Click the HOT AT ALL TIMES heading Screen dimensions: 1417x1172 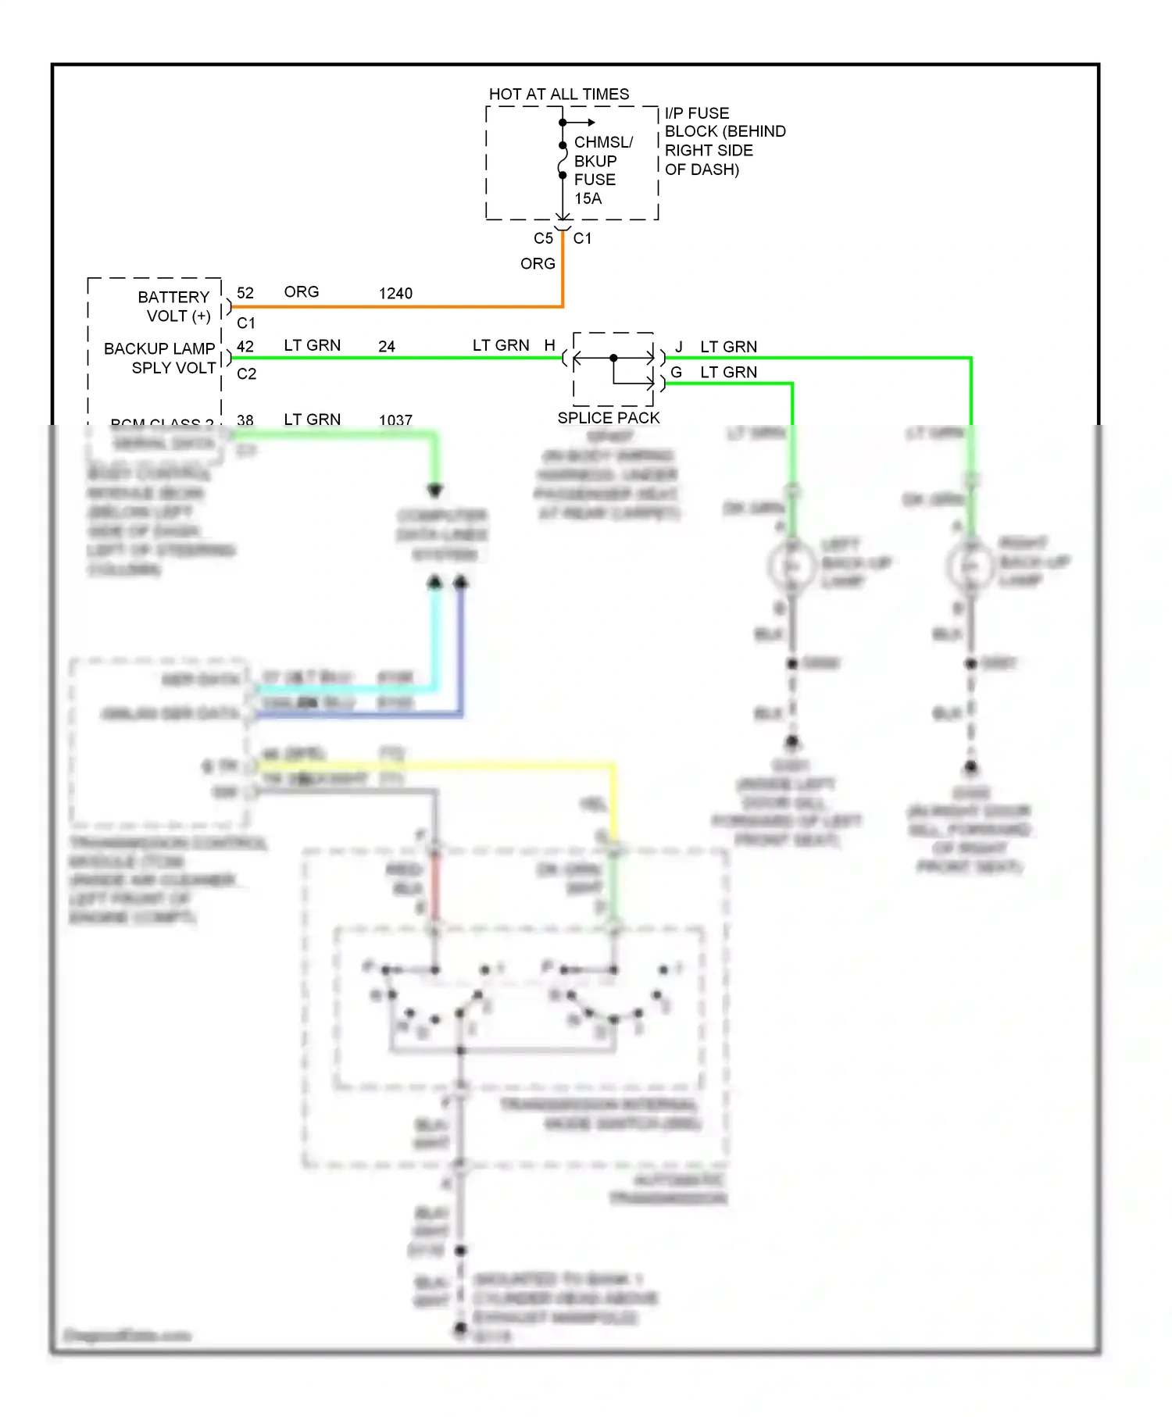click(x=559, y=95)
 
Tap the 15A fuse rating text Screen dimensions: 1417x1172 click(x=588, y=198)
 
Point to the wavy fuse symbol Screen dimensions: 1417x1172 click(x=562, y=161)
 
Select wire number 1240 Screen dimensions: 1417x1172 click(x=395, y=294)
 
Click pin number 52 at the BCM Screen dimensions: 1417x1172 click(x=245, y=293)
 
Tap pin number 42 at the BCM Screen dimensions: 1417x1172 click(x=245, y=346)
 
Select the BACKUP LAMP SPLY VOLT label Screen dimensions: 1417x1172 click(x=160, y=358)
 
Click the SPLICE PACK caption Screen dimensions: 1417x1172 click(x=609, y=418)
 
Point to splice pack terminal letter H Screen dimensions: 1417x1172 click(x=550, y=345)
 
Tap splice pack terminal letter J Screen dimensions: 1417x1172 click(x=679, y=347)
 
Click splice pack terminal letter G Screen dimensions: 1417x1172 click(x=677, y=373)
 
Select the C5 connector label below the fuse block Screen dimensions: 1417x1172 click(x=543, y=238)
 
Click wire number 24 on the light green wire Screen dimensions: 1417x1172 click(x=387, y=347)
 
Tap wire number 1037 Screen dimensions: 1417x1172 click(x=395, y=420)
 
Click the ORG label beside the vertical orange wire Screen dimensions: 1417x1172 click(x=538, y=264)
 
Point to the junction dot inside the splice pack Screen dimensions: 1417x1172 click(x=613, y=358)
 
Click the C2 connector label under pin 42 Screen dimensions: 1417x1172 click(x=247, y=374)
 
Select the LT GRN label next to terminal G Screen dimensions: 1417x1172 click(x=728, y=373)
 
